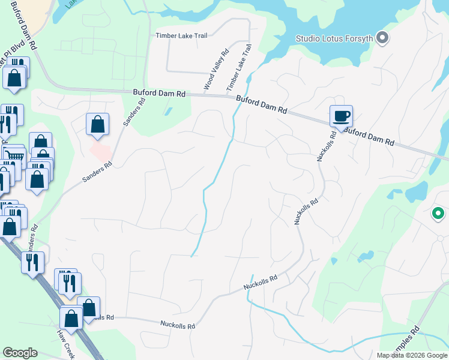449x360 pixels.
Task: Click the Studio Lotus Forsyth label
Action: [334, 39]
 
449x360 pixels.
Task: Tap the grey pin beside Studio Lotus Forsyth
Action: [382, 38]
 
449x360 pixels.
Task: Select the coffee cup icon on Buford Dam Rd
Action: [341, 116]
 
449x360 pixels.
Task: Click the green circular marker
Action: [438, 213]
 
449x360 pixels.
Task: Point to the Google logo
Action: [19, 353]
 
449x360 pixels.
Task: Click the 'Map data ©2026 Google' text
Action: [412, 355]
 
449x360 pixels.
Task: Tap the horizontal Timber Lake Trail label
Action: [181, 35]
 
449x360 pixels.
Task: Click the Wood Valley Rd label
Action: [216, 70]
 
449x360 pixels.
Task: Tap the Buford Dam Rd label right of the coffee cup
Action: [370, 136]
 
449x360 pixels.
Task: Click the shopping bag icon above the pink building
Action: [97, 124]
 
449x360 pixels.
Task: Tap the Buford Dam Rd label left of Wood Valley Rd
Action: [159, 94]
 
